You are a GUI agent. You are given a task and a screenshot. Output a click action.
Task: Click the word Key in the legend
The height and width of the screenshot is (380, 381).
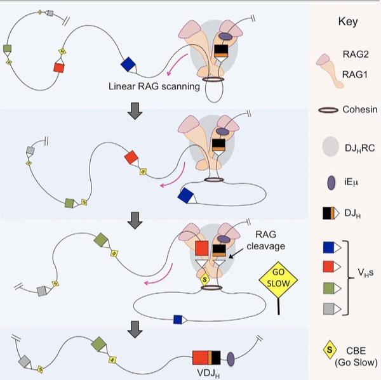(x=348, y=22)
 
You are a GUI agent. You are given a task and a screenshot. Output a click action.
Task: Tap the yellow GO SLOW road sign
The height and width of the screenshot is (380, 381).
(x=278, y=280)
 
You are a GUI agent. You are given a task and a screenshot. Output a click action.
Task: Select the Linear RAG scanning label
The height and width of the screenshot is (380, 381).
(x=154, y=86)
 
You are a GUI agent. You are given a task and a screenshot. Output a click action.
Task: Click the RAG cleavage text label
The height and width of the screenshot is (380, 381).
(x=266, y=240)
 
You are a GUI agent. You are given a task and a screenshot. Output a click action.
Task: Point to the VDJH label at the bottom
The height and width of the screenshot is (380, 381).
(x=208, y=373)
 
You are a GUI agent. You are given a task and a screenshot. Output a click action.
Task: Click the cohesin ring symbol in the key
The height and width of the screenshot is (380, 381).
(x=328, y=110)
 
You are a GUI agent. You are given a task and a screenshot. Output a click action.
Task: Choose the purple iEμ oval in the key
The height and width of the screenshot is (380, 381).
(x=331, y=183)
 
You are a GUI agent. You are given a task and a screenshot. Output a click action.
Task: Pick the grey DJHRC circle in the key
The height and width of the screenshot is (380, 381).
(x=330, y=146)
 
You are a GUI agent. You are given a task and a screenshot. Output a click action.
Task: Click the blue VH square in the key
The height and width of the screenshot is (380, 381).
(x=328, y=247)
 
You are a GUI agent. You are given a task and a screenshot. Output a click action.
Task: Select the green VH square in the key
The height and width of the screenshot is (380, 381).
(x=329, y=288)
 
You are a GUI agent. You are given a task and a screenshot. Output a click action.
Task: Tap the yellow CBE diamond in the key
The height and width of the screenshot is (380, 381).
(x=330, y=350)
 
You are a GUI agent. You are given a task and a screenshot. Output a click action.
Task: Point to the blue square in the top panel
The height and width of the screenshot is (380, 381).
(x=128, y=64)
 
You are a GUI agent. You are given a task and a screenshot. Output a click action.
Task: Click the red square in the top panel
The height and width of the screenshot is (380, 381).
(x=58, y=67)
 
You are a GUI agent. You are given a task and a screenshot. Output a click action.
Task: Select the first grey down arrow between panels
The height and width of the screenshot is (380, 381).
(x=135, y=111)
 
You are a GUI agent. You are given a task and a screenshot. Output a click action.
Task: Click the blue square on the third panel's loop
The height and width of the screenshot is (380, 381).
(x=178, y=319)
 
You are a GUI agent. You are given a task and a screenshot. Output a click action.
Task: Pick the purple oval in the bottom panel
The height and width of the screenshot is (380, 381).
(x=231, y=359)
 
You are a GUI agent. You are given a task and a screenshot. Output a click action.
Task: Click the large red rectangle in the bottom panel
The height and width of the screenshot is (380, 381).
(x=200, y=358)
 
